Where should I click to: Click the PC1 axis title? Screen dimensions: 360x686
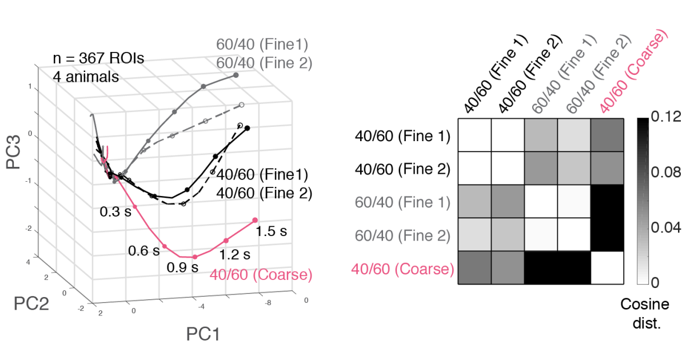click(x=202, y=334)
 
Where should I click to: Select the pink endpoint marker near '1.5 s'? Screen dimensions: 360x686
click(x=255, y=220)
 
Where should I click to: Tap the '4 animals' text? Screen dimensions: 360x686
click(x=86, y=75)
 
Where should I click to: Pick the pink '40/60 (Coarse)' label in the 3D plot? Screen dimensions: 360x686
click(x=261, y=274)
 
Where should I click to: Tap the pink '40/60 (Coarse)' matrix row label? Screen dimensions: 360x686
click(x=402, y=268)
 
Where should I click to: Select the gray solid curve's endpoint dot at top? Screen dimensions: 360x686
click(x=236, y=75)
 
